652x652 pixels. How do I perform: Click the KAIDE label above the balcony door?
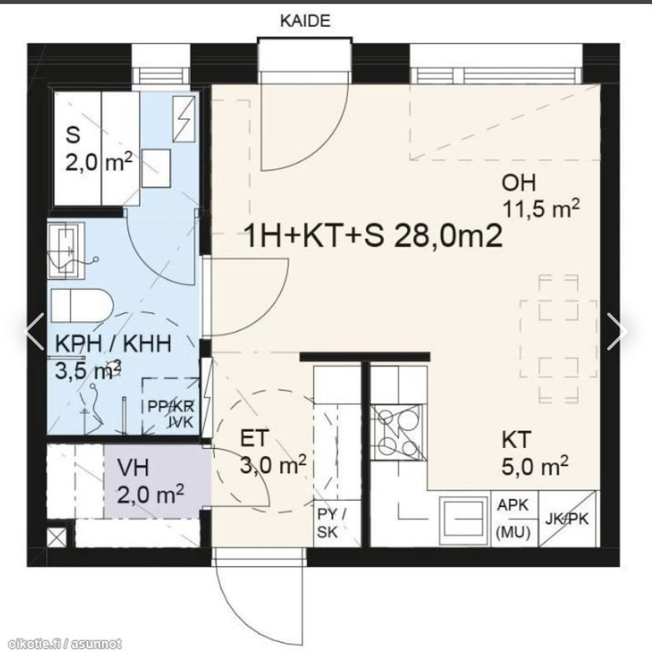click(x=305, y=21)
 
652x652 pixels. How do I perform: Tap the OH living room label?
click(x=519, y=184)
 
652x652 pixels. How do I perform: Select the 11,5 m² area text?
click(x=542, y=209)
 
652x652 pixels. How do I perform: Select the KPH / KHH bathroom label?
click(x=113, y=344)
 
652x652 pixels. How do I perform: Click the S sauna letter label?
click(x=73, y=135)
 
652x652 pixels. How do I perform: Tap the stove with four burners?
click(x=398, y=432)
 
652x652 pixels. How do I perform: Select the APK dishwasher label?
click(x=513, y=505)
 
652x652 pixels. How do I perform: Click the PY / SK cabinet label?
click(x=331, y=523)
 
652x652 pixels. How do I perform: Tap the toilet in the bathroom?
click(x=82, y=306)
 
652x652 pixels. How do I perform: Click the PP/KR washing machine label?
click(x=171, y=406)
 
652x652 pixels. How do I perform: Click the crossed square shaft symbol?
click(x=57, y=538)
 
